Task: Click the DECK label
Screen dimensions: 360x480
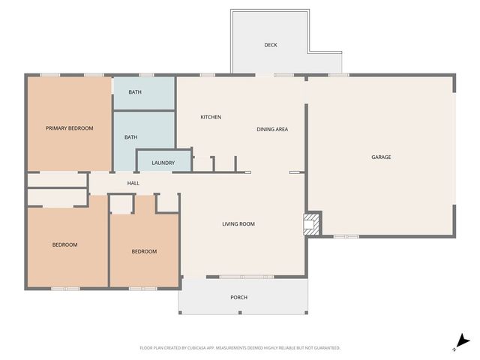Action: pos(271,45)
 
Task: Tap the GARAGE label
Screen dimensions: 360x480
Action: pos(381,157)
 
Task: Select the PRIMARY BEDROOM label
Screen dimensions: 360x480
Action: pos(69,128)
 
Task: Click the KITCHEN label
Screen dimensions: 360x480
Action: pos(211,117)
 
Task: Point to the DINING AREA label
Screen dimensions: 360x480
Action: pos(272,129)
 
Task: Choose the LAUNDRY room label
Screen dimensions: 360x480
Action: pos(163,163)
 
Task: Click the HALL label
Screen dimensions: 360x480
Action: pos(133,183)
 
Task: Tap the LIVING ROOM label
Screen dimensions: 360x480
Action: pos(238,224)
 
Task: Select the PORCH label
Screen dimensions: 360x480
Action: pos(238,297)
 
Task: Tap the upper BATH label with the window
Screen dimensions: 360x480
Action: pos(134,92)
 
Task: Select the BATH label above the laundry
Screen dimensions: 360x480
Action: pos(130,137)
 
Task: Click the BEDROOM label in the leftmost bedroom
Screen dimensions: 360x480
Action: pos(64,244)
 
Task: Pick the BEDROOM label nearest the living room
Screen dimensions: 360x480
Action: pos(144,251)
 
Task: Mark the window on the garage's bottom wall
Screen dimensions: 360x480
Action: pos(346,237)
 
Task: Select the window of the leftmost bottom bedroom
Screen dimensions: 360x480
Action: pos(65,288)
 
